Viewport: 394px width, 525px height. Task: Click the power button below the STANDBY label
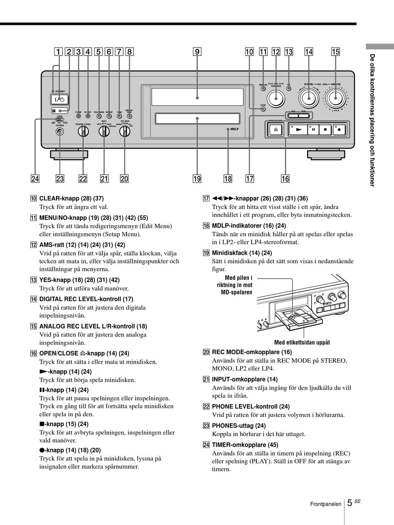(60, 99)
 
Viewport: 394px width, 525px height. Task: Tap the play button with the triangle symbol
(297, 129)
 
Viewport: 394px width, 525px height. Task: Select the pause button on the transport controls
(313, 129)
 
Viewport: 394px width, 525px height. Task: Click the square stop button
(326, 129)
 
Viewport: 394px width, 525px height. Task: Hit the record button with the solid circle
(340, 129)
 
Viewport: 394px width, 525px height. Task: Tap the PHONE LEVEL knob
(83, 131)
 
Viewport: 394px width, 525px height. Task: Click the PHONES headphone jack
(61, 132)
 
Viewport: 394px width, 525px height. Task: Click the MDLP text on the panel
(236, 129)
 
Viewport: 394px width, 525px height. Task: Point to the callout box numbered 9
(197, 52)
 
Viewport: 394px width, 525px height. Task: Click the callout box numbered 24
(35, 179)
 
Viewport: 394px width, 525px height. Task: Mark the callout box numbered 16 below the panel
(285, 179)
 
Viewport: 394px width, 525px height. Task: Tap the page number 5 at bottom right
(349, 503)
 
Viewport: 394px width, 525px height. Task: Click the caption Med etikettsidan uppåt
(302, 342)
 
